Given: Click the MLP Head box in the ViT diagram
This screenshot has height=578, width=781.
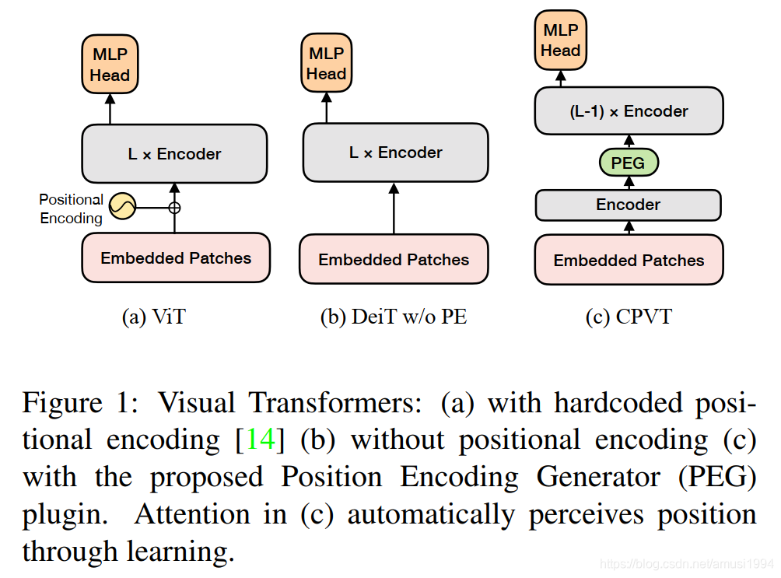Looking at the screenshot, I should click(x=109, y=65).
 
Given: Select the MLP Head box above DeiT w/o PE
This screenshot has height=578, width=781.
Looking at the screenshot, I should click(x=326, y=64).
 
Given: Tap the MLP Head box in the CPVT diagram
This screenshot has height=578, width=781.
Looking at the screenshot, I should click(x=561, y=40).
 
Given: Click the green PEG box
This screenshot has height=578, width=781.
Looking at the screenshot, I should click(x=629, y=163).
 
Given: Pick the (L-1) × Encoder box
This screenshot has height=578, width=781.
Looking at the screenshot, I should click(x=629, y=111).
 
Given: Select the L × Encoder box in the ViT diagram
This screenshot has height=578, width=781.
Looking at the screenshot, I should click(x=174, y=154).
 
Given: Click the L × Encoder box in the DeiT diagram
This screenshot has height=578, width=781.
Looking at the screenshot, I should click(x=394, y=152).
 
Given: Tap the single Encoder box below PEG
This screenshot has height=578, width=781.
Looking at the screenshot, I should click(x=628, y=205).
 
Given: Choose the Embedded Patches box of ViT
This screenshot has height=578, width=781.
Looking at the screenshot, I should click(x=176, y=258).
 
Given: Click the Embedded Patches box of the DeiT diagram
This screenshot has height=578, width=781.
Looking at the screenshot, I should click(x=394, y=260).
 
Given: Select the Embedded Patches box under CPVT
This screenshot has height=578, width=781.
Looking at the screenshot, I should click(x=629, y=261).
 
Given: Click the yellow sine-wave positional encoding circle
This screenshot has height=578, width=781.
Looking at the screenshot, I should click(x=122, y=206).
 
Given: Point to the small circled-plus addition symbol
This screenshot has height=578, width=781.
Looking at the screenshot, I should click(x=174, y=208).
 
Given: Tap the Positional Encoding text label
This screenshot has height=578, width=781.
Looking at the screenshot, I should click(x=71, y=209).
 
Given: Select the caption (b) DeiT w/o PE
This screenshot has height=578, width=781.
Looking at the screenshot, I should click(x=394, y=317).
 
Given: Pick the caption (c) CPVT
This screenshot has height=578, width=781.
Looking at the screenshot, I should click(x=629, y=317).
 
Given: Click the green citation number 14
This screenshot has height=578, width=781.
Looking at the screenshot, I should click(x=261, y=440).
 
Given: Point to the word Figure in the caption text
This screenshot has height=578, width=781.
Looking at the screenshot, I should click(x=62, y=403).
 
